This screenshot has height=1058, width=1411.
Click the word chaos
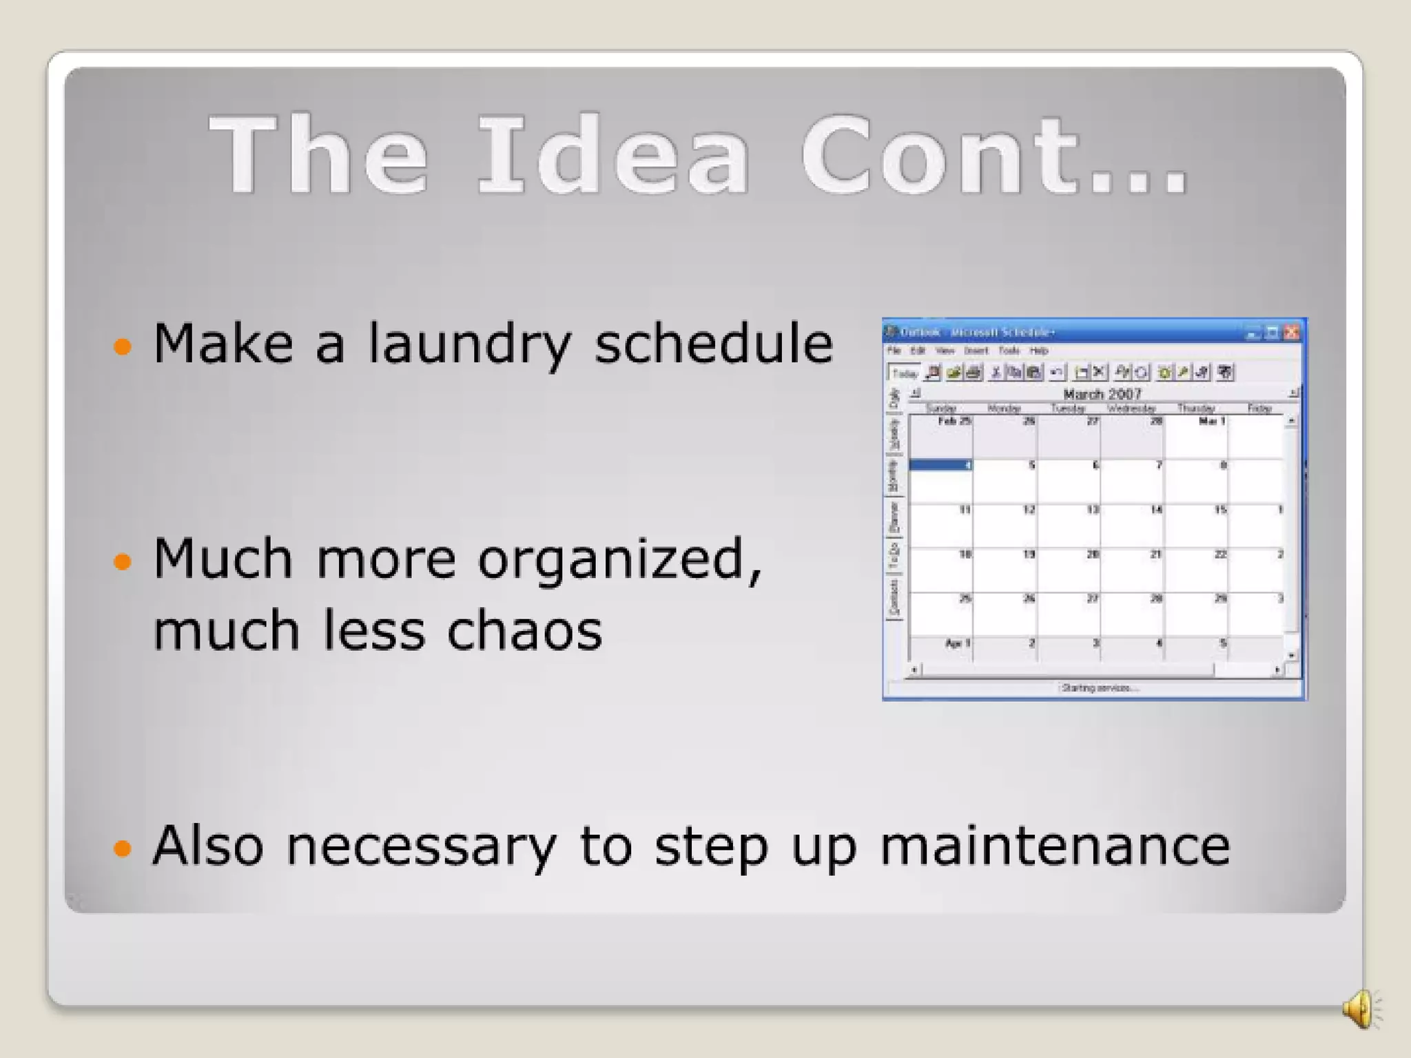pyautogui.click(x=524, y=630)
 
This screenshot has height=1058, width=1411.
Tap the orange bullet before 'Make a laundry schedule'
pyautogui.click(x=122, y=346)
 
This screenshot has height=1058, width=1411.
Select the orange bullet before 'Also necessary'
pyautogui.click(x=122, y=848)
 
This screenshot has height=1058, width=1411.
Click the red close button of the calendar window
pyautogui.click(x=1292, y=333)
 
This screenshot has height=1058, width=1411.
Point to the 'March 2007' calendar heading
pyautogui.click(x=1102, y=394)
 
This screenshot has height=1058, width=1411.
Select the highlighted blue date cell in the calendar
pyautogui.click(x=940, y=466)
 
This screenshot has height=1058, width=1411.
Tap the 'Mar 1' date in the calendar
pyautogui.click(x=1212, y=421)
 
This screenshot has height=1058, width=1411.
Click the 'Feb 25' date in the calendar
pyautogui.click(x=954, y=421)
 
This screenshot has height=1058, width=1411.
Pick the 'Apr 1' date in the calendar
pyautogui.click(x=958, y=643)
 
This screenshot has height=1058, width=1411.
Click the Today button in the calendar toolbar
pyautogui.click(x=905, y=373)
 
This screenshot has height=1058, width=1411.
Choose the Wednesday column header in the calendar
pyautogui.click(x=1131, y=408)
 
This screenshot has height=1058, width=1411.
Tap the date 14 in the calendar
pyautogui.click(x=1156, y=510)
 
